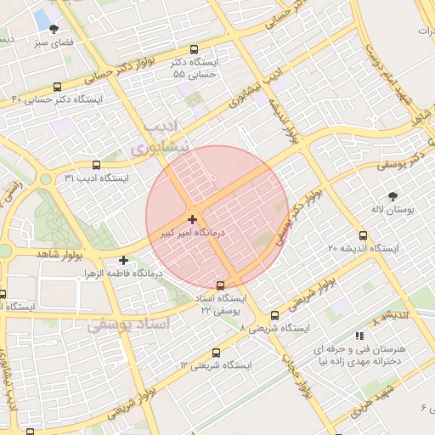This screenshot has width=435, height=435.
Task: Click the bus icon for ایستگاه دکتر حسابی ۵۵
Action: pos(195,49)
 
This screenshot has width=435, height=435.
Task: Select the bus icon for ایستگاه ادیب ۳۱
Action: pos(95,165)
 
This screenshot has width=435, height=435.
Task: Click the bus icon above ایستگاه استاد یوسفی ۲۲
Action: pos(222,285)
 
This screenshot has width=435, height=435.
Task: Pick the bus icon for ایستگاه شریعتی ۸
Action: pos(274,314)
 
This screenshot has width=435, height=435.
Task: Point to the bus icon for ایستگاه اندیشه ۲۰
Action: pos(364,235)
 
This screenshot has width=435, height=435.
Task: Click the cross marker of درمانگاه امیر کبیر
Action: pos(193,219)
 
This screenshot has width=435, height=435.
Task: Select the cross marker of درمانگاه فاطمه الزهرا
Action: pos(124,260)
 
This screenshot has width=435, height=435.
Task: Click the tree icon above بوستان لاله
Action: pos(392,195)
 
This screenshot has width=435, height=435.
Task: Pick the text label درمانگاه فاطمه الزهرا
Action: pos(118,274)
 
